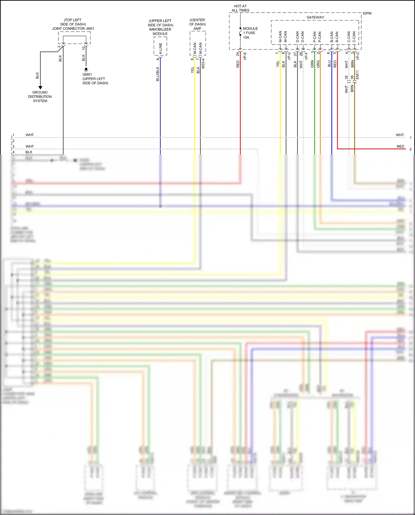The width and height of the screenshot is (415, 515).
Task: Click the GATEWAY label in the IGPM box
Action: pos(315,17)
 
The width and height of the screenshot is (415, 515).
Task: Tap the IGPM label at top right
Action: pos(367,13)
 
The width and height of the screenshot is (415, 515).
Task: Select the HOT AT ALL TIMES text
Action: pos(240,8)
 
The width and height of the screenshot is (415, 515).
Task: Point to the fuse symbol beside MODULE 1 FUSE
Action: pos(240,33)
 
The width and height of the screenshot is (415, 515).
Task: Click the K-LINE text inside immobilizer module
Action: pos(160,48)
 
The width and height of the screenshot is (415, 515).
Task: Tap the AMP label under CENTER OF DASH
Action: pos(197,29)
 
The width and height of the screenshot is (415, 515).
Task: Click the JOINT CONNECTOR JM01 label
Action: pos(73,29)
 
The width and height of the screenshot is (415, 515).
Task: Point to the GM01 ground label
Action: pos(87,74)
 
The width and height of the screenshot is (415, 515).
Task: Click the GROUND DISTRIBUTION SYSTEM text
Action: pos(40,97)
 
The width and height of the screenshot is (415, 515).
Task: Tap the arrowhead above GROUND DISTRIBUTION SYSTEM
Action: pos(40,88)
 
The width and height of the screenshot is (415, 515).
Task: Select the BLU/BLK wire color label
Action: pos(158,74)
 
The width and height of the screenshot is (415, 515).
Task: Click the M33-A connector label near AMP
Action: pos(203,63)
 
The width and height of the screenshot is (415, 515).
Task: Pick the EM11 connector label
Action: pos(357,75)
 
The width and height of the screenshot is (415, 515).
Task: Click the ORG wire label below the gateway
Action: pos(318,64)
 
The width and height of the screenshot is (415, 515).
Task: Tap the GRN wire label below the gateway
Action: pos(312,64)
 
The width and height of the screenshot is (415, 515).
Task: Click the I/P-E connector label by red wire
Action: pos(245,56)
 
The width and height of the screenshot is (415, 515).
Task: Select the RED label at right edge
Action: pos(400,146)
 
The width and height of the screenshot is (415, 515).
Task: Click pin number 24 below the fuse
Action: pos(237,54)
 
